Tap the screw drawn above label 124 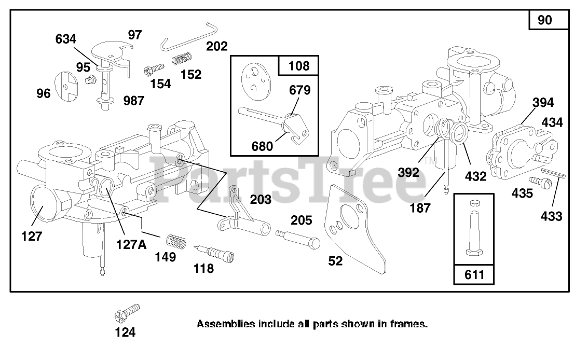click(127, 312)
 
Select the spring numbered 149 click(176, 242)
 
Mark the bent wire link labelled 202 click(187, 36)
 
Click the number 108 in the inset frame click(298, 66)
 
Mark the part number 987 click(134, 101)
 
